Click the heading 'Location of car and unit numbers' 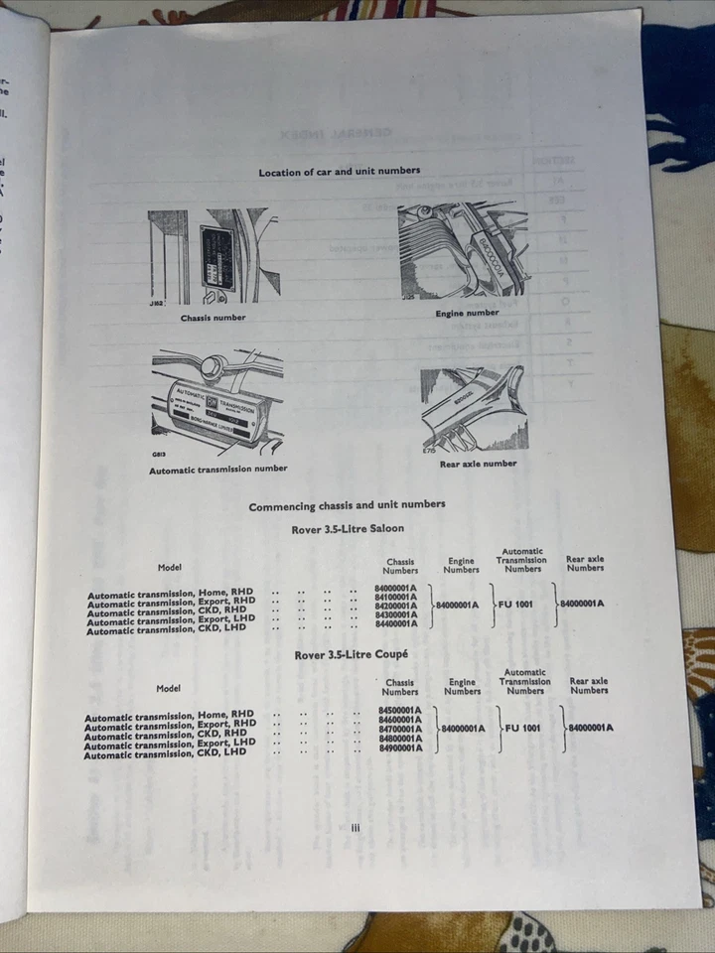(339, 172)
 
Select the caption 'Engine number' (467, 314)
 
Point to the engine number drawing (463, 251)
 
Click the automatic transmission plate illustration (217, 403)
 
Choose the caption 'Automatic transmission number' (217, 469)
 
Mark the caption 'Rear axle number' (478, 464)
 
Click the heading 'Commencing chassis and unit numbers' (347, 505)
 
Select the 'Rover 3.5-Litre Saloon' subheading (348, 529)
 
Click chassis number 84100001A (396, 598)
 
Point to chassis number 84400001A (396, 623)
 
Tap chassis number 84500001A (400, 711)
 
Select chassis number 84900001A (400, 748)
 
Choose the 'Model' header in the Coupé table (168, 688)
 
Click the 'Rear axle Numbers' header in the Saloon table (585, 564)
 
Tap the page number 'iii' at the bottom (354, 826)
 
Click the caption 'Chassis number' (213, 318)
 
